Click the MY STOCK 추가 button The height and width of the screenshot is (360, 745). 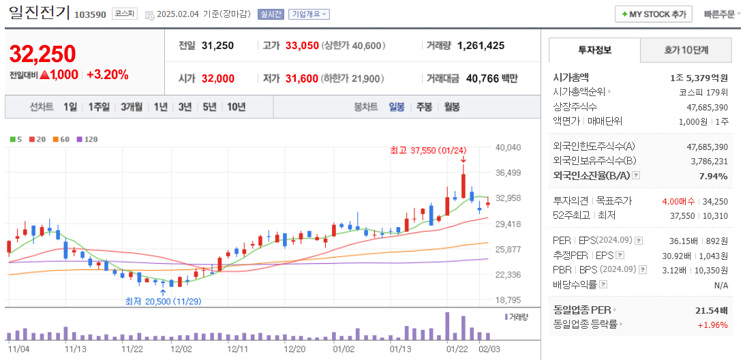[x=654, y=14]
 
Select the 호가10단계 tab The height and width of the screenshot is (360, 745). [x=686, y=50]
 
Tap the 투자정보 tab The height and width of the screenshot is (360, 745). [x=594, y=50]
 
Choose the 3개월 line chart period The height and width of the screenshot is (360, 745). [x=132, y=107]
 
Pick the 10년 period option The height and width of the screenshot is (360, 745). [x=237, y=107]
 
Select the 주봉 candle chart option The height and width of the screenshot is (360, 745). [x=424, y=107]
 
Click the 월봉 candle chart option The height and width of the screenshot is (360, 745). [x=451, y=107]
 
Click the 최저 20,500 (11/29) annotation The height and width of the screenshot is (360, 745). [x=162, y=301]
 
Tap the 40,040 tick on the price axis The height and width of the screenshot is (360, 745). [x=508, y=147]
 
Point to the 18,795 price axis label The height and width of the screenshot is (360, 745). [x=508, y=300]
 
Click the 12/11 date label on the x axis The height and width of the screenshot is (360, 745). [x=237, y=349]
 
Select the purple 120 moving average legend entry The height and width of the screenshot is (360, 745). [x=87, y=139]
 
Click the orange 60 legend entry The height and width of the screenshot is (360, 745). [x=61, y=139]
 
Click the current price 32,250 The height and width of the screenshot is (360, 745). [x=42, y=54]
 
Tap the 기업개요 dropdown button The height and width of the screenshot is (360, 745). [x=309, y=14]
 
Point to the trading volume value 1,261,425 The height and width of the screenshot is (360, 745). [x=481, y=46]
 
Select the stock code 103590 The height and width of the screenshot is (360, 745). [x=90, y=14]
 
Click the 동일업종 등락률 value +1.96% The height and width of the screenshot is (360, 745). [x=712, y=325]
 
